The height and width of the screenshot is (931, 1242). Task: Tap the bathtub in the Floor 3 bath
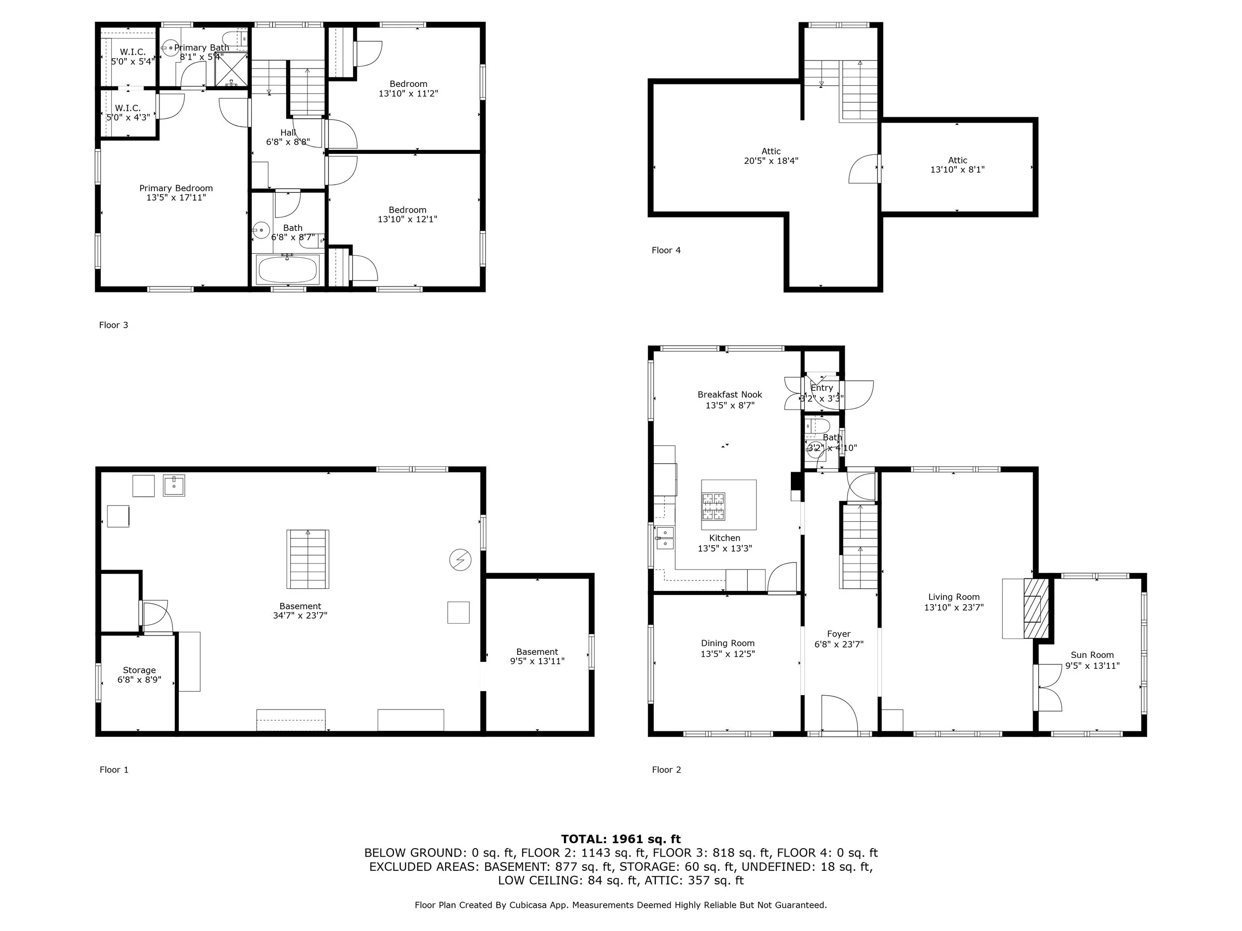pos(288,270)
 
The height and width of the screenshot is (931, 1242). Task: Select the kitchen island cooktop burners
pos(713,506)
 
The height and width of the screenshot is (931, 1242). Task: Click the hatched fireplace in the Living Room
pos(1036,608)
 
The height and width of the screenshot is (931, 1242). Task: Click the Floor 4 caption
pos(666,250)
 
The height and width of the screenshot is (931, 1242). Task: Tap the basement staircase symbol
pos(308,559)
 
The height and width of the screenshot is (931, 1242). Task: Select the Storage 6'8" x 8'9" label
pos(139,674)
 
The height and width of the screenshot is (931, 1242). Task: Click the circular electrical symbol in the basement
pos(460,560)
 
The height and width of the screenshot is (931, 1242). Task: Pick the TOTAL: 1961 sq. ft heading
pos(621,839)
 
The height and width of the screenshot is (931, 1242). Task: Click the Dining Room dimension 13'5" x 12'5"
pos(727,654)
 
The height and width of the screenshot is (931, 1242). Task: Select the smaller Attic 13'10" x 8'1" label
pos(957,164)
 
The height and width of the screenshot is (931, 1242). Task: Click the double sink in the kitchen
pos(665,538)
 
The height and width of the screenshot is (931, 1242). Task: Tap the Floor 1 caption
pos(114,770)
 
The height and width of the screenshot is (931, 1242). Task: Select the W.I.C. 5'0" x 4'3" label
pos(128,112)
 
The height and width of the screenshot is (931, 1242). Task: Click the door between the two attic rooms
pos(865,169)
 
